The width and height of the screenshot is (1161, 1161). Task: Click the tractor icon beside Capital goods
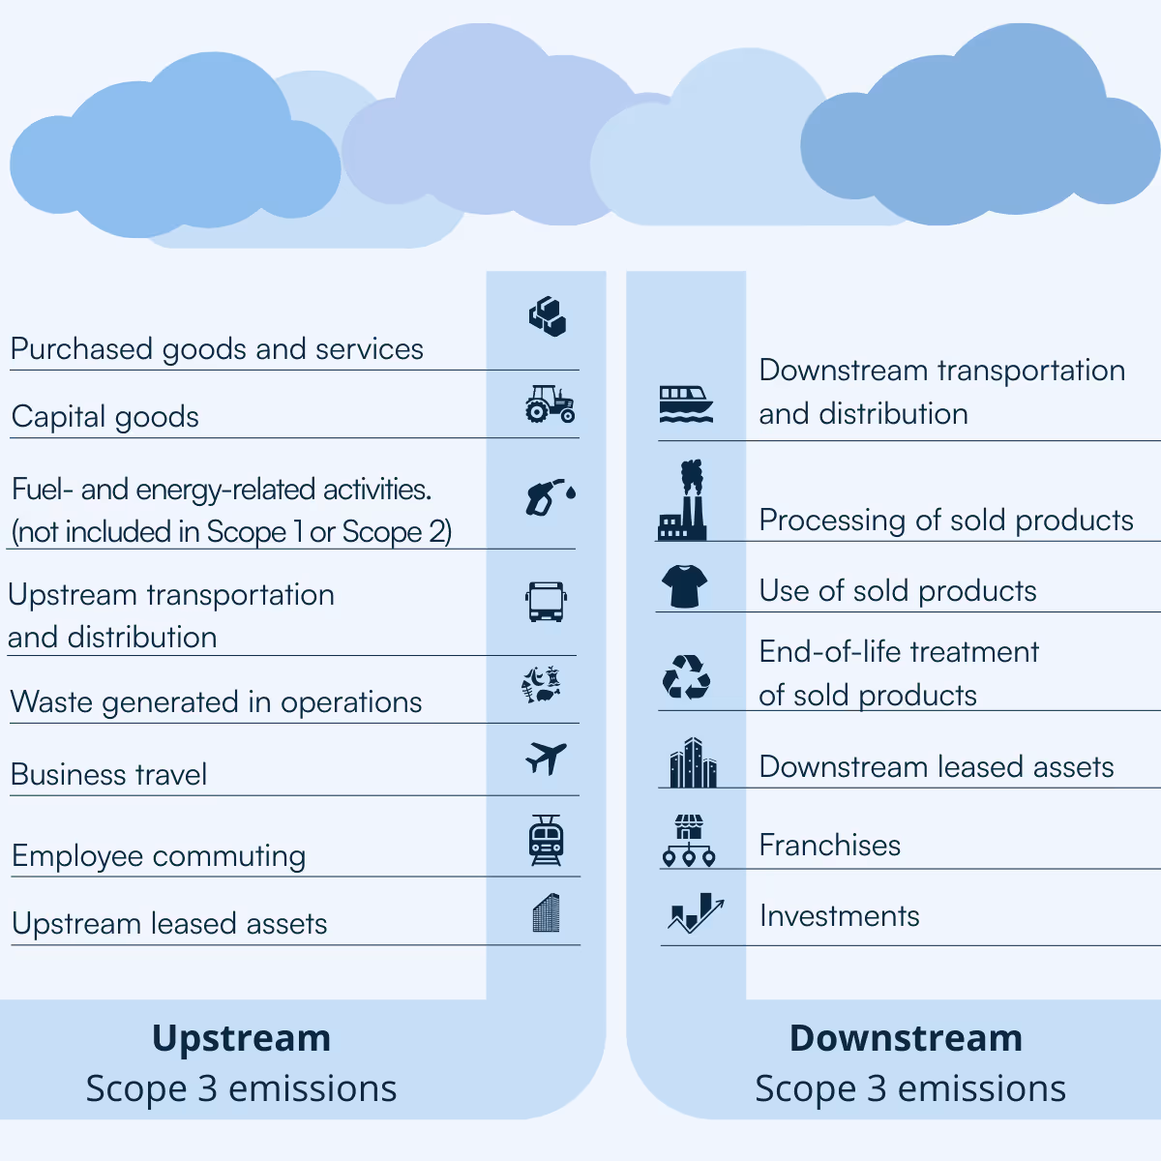[550, 404]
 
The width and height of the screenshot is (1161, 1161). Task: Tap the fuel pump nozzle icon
[550, 495]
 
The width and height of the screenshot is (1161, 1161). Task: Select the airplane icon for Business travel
[546, 759]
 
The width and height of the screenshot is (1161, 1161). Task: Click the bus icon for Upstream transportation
[547, 602]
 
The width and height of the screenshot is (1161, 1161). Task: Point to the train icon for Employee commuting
[546, 840]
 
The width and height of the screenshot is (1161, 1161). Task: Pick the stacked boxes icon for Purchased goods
[548, 316]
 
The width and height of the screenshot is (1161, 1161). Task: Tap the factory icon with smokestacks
[683, 501]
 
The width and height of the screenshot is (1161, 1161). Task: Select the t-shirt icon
[685, 586]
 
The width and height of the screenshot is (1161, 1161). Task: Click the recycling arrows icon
[686, 676]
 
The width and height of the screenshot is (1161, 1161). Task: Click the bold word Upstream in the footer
[242, 1038]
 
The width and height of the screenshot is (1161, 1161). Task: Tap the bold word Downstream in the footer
[906, 1038]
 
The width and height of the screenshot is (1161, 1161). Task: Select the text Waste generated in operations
[217, 701]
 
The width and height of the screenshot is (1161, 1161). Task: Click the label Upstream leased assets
[169, 923]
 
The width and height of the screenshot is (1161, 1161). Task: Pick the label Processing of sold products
[945, 520]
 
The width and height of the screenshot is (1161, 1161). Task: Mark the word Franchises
[829, 845]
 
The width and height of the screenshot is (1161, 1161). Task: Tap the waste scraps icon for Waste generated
[542, 683]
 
